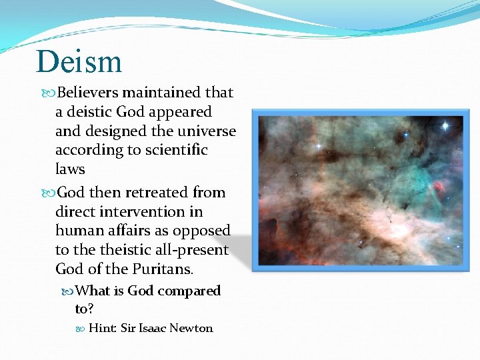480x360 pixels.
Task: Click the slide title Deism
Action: [79, 61]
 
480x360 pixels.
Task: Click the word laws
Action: [70, 169]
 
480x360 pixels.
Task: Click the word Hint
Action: [103, 328]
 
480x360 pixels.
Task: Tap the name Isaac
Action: [153, 328]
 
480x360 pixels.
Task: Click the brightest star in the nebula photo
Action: [444, 125]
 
